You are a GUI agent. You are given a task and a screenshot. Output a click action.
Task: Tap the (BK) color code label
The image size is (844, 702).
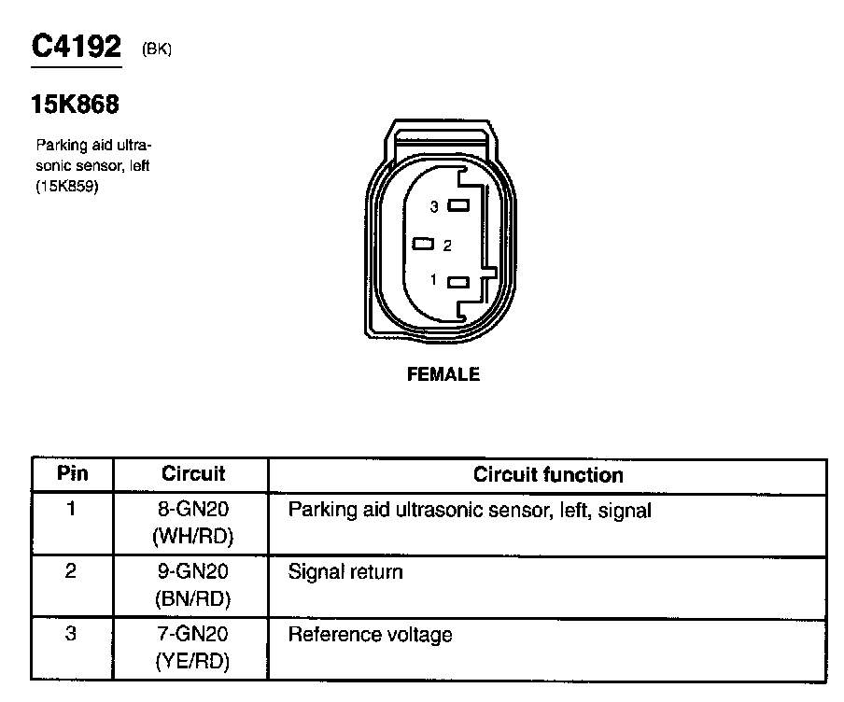pos(156,50)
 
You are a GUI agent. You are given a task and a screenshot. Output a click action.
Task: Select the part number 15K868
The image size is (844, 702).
pos(76,105)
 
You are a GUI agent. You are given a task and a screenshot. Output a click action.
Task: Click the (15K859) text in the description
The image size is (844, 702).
pos(67,186)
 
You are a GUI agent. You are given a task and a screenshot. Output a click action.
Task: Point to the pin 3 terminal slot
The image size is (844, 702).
pos(458,205)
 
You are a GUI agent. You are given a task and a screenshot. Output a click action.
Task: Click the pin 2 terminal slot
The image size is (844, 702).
pos(425,245)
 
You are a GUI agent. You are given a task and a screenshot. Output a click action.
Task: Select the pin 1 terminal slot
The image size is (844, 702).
pos(458,282)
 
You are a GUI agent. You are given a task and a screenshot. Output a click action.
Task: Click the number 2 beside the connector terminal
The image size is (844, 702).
pos(447,246)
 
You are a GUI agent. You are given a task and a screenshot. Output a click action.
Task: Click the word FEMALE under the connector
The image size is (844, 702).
pos(443,374)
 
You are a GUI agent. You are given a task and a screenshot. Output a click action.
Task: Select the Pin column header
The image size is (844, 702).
pos(72,473)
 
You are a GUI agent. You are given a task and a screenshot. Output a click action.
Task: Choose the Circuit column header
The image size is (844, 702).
pos(193,474)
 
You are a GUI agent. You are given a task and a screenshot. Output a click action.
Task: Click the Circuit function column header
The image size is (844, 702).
pos(548,474)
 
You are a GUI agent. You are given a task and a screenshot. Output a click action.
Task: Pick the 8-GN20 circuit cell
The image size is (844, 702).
pos(192,510)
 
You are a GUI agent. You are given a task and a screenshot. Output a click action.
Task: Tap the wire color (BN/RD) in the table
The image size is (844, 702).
pos(192,598)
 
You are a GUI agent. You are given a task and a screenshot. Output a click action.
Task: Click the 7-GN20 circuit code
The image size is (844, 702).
pos(192,635)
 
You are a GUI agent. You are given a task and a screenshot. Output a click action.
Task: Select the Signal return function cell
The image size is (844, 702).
pos(345,571)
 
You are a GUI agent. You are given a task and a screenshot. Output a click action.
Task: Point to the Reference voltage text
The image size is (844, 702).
pos(371,636)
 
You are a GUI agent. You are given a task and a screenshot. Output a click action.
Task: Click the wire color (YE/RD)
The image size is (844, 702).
pos(192,662)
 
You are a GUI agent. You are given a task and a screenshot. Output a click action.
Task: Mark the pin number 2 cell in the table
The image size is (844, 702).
pos(71,571)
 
